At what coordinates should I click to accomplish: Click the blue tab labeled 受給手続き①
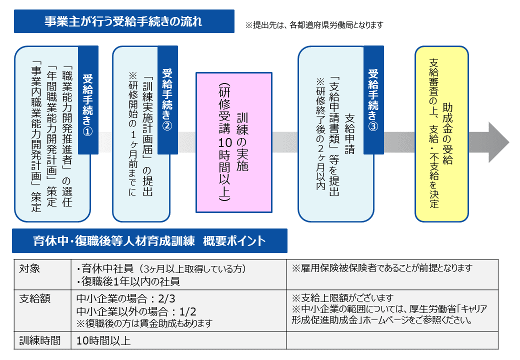pyautogui.click(x=88, y=100)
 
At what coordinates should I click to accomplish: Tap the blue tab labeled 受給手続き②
pyautogui.click(x=167, y=100)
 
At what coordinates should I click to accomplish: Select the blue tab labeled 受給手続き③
pyautogui.click(x=374, y=100)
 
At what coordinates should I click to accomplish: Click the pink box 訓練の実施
pyautogui.click(x=234, y=142)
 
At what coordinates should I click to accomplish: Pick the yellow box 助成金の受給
pyautogui.click(x=441, y=134)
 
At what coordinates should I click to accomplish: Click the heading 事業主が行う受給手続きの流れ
pyautogui.click(x=124, y=21)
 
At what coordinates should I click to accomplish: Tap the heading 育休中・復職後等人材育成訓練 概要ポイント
pyautogui.click(x=149, y=241)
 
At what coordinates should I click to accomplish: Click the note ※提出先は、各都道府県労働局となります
pyautogui.click(x=314, y=25)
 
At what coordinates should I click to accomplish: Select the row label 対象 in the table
pyautogui.click(x=29, y=268)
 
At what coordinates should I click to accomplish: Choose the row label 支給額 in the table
pyautogui.click(x=35, y=299)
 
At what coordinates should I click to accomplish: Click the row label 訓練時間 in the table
pyautogui.click(x=40, y=340)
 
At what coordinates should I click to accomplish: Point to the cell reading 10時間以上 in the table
pyautogui.click(x=103, y=341)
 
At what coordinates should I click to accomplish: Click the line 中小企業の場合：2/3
pyautogui.click(x=125, y=298)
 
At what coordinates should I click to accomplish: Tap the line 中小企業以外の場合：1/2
pyautogui.click(x=136, y=311)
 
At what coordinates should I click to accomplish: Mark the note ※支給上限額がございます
pyautogui.click(x=342, y=297)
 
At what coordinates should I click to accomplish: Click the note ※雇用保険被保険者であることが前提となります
pyautogui.click(x=382, y=268)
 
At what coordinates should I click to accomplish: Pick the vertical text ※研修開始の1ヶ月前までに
pyautogui.click(x=132, y=134)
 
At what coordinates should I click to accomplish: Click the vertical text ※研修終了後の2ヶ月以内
pyautogui.click(x=320, y=134)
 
